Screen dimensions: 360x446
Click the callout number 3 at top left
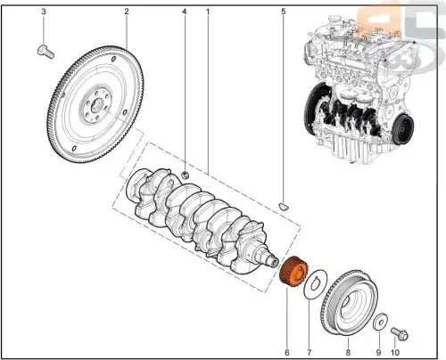[44, 12]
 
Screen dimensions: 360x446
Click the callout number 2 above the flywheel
[126, 12]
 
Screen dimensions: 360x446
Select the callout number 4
[184, 12]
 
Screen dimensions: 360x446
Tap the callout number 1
[208, 12]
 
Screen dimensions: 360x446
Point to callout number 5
[284, 12]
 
